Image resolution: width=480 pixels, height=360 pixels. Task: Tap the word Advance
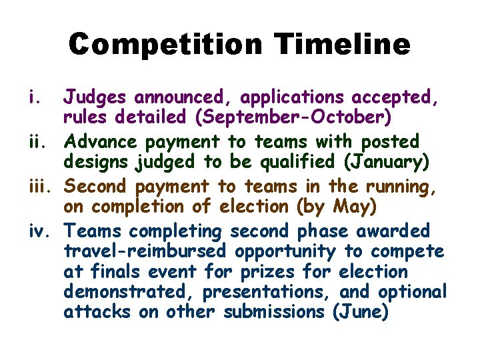point(103,141)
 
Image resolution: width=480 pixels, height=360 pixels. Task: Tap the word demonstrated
point(127,292)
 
